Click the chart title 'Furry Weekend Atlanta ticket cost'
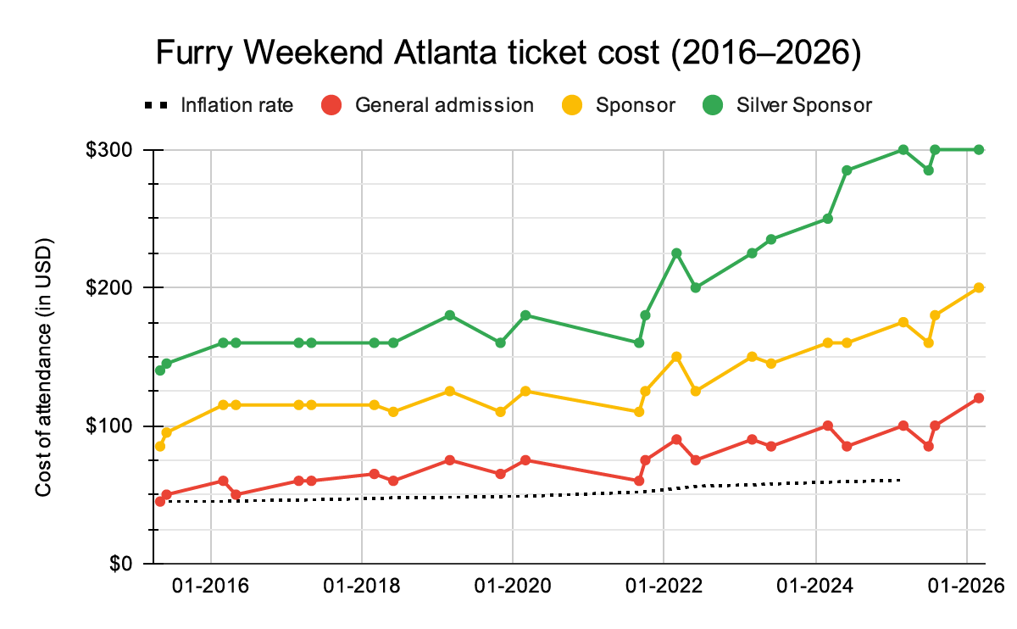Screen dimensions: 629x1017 [508, 53]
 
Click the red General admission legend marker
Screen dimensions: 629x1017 [332, 105]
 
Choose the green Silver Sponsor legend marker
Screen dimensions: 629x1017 [714, 105]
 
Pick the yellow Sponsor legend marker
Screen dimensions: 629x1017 [573, 105]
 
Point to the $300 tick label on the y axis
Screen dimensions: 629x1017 [112, 150]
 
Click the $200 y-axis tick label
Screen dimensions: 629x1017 [112, 287]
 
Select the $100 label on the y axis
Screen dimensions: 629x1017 [112, 426]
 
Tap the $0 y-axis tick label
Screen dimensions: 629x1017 [120, 563]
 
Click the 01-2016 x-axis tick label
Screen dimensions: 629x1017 [210, 586]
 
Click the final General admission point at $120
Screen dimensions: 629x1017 [979, 398]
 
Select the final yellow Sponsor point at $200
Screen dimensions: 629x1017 [979, 287]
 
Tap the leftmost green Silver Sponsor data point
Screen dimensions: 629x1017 [160, 370]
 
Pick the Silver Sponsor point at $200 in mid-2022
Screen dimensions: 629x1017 [696, 287]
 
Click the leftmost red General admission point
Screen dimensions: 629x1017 [160, 501]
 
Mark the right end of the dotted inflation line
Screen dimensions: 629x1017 [898, 480]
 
